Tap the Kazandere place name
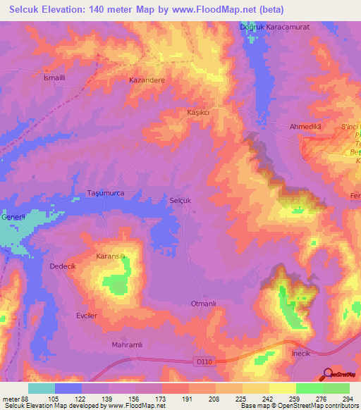[147, 80]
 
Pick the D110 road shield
[203, 361]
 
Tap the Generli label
[12, 216]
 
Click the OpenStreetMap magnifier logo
[328, 374]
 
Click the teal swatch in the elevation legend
[42, 389]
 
